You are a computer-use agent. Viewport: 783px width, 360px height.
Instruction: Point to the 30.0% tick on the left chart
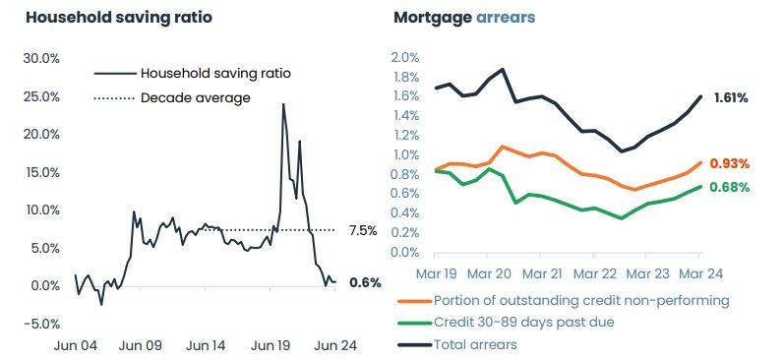(41, 58)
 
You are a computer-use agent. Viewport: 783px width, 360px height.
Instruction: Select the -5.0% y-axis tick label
(41, 324)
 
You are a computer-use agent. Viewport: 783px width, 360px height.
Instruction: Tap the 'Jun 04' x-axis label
(75, 345)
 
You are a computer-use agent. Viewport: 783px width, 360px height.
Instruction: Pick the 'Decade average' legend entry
(195, 97)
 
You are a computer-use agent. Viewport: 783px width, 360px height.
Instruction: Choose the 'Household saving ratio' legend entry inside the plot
(215, 73)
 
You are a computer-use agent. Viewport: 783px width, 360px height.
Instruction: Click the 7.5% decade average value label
(363, 231)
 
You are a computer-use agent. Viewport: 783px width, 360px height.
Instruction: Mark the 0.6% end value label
(365, 283)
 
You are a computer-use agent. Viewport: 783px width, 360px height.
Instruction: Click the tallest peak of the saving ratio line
(283, 104)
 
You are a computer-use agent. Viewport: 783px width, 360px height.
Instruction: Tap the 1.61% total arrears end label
(729, 97)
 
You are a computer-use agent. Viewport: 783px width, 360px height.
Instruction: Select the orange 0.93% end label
(729, 163)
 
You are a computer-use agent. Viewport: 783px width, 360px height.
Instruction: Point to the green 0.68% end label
(729, 187)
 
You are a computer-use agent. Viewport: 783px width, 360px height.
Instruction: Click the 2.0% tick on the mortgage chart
(405, 58)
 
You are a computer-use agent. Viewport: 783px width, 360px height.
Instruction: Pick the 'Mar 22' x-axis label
(593, 274)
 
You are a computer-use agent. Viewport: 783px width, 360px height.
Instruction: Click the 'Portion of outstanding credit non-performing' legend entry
(580, 300)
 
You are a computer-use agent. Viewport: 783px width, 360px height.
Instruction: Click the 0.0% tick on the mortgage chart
(405, 252)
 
